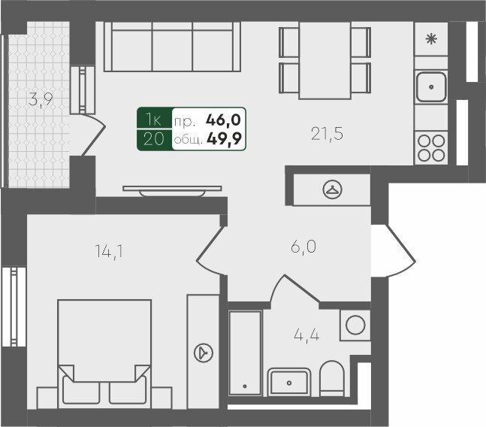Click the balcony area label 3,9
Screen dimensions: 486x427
(41, 100)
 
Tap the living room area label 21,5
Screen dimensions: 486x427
(327, 135)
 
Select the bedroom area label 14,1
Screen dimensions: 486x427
(109, 252)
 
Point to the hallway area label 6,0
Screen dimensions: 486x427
(303, 247)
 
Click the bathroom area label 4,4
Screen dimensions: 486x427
(306, 335)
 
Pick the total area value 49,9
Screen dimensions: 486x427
(224, 139)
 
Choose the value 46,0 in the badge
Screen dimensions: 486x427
(224, 120)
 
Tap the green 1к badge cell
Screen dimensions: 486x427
(154, 118)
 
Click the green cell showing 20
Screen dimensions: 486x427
(154, 140)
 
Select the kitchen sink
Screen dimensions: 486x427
(431, 86)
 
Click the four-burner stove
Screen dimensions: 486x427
(431, 148)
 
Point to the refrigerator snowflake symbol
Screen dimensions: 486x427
(431, 39)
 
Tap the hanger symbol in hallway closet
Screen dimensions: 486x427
(332, 189)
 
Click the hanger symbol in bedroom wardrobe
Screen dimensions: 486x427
(204, 353)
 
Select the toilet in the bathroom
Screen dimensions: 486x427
(332, 379)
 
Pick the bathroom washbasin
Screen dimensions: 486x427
(289, 383)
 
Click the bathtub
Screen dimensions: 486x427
(245, 353)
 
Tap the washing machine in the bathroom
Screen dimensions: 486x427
(355, 325)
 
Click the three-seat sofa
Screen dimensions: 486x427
(172, 47)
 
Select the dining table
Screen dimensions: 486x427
(325, 60)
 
